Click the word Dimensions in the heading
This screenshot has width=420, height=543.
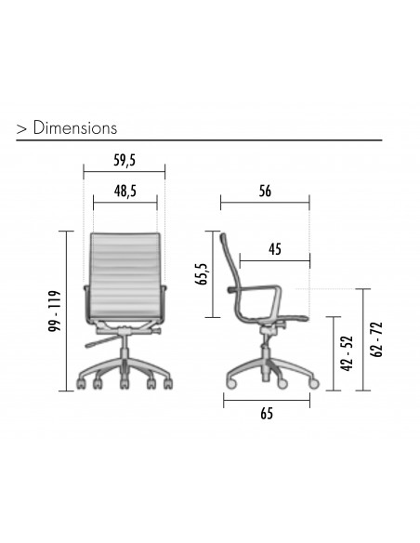pos(75,127)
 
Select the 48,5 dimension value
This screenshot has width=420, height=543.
pos(125,192)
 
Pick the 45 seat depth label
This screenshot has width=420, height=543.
pos(275,248)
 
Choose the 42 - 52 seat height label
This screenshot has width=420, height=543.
pos(348,353)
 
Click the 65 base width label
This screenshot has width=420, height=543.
pos(267,416)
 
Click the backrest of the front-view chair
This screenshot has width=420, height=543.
pos(125,275)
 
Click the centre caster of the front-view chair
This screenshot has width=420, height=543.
pos(125,382)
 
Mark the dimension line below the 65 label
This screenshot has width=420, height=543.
pos(267,401)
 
